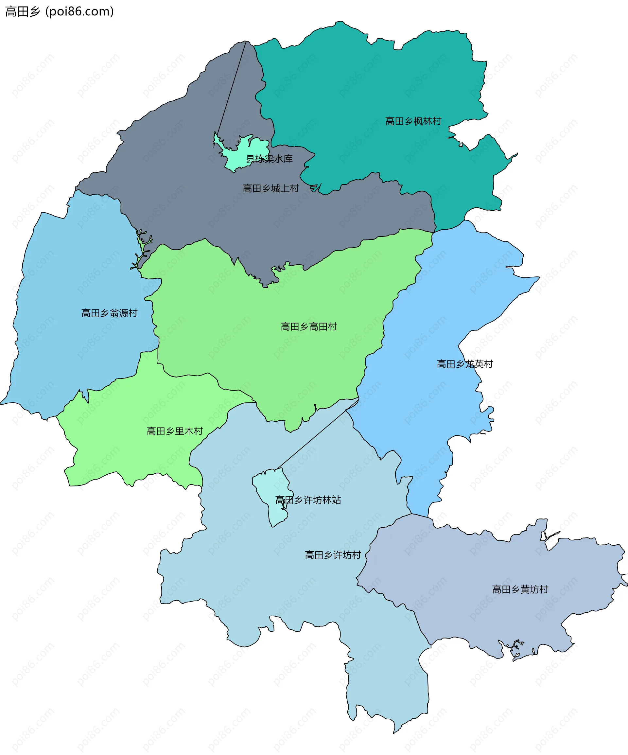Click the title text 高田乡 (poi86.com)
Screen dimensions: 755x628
pyautogui.click(x=59, y=11)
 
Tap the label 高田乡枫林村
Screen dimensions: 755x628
pyautogui.click(x=413, y=121)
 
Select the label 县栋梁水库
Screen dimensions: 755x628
pyautogui.click(x=269, y=159)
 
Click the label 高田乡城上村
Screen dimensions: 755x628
pyautogui.click(x=271, y=188)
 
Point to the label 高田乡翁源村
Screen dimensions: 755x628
pyautogui.click(x=109, y=313)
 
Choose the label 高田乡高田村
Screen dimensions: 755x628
pyautogui.click(x=308, y=326)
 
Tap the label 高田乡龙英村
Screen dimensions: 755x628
pyautogui.click(x=464, y=364)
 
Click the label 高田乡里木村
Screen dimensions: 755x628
pyautogui.click(x=175, y=431)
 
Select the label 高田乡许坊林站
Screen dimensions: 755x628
pyautogui.click(x=308, y=500)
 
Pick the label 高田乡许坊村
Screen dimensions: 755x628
pyautogui.click(x=333, y=555)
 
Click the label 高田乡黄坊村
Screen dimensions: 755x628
pyautogui.click(x=520, y=589)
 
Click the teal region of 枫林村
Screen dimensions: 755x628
pyautogui.click(x=359, y=90)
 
